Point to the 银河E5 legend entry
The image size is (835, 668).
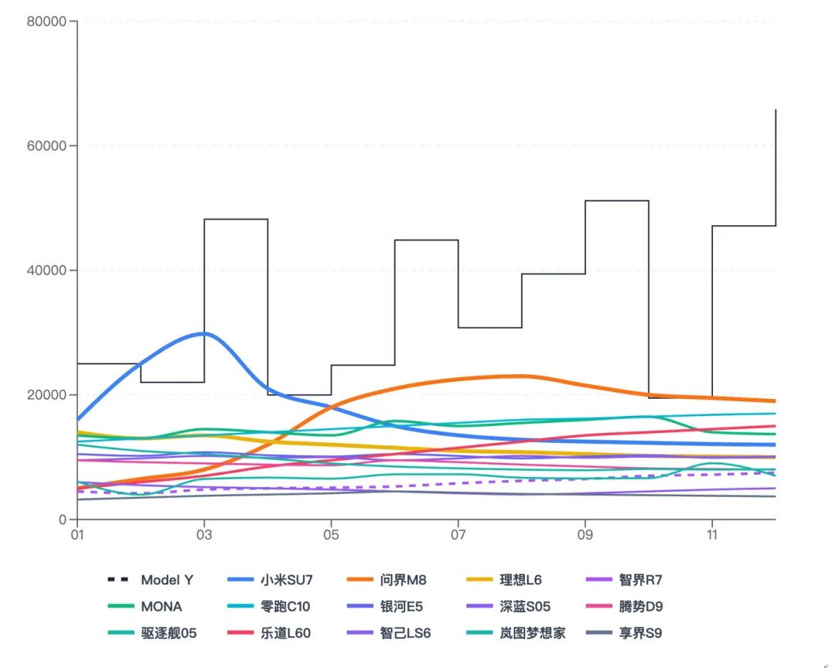tap(401, 607)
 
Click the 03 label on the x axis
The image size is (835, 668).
tap(204, 534)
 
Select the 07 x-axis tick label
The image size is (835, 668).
tap(458, 534)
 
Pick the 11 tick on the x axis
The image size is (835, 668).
tap(712, 534)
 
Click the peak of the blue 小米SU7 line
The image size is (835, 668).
tap(203, 333)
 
